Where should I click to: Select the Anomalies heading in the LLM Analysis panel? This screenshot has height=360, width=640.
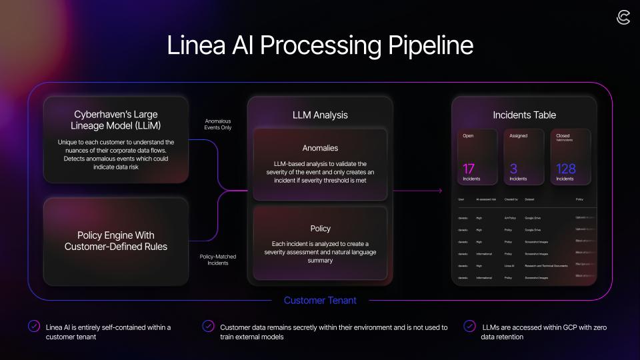click(x=320, y=148)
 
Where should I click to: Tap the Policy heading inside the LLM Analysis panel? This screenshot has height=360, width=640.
click(x=320, y=229)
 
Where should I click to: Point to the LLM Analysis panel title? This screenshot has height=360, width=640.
click(x=320, y=115)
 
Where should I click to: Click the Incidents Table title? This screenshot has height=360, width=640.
click(x=524, y=115)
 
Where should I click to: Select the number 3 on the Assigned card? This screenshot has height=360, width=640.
click(x=513, y=168)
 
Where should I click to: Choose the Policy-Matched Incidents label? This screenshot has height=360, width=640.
click(x=217, y=259)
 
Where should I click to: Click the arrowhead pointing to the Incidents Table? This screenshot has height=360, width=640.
click(x=440, y=191)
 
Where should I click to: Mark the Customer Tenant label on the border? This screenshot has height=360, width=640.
click(x=320, y=300)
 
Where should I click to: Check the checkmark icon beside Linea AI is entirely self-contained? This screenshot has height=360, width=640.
click(x=34, y=326)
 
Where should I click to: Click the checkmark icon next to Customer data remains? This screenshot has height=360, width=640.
click(x=208, y=326)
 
